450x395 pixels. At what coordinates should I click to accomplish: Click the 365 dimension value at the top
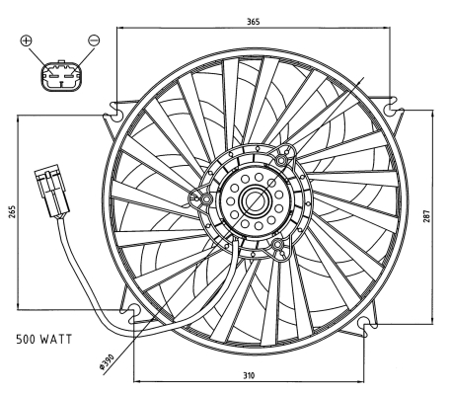[x=254, y=22]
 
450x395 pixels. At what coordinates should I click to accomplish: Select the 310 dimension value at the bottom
[x=249, y=375]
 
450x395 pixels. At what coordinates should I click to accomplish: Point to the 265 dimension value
[x=12, y=212]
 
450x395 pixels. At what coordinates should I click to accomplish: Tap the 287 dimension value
[x=426, y=216]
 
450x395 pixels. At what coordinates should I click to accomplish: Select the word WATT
[x=56, y=339]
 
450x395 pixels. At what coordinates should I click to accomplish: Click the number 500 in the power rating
[x=26, y=339]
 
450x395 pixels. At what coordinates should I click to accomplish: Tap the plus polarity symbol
[x=26, y=40]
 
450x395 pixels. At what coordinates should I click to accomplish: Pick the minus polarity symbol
[x=94, y=40]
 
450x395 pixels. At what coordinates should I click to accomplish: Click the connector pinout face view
[x=61, y=75]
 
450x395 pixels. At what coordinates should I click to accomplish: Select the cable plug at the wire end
[x=52, y=192]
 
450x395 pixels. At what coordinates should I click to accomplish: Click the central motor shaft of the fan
[x=256, y=199]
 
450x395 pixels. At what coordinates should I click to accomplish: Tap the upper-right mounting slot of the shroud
[x=392, y=107]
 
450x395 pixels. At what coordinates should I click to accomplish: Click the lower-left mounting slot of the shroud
[x=132, y=313]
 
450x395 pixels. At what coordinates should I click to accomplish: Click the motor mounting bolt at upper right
[x=281, y=161]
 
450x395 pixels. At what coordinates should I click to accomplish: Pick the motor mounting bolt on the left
[x=206, y=199]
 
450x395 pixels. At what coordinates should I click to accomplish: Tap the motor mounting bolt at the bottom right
[x=277, y=245]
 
